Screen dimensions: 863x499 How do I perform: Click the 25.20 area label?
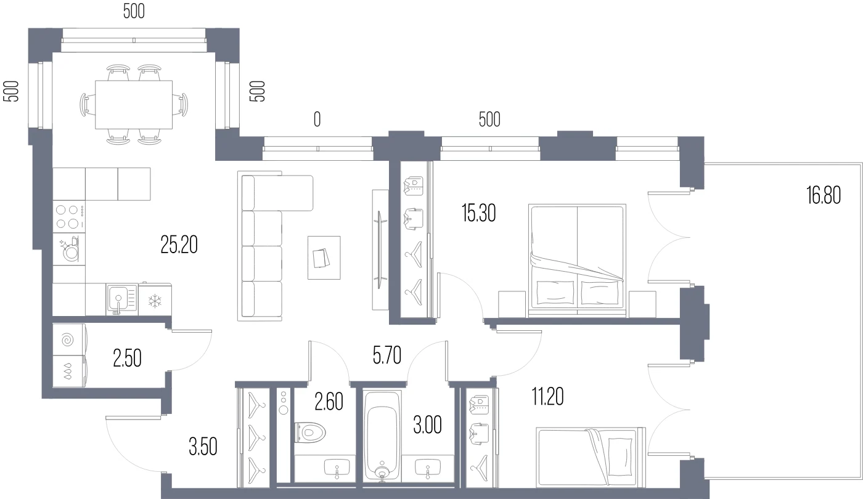pos(179,245)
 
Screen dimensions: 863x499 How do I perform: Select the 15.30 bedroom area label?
pos(478,213)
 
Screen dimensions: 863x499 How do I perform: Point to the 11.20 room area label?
pos(547,396)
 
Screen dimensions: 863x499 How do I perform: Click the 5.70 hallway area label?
pos(387,355)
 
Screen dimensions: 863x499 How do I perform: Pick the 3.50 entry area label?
pos(203,446)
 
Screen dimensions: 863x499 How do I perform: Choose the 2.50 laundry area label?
pos(127,358)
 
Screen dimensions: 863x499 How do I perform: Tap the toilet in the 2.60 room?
pos(310,432)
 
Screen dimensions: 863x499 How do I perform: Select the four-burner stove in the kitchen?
pos(68,217)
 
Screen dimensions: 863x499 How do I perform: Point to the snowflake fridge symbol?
pos(155,301)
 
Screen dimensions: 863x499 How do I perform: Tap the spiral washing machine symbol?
pos(68,340)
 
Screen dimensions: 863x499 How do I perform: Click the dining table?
pos(134,105)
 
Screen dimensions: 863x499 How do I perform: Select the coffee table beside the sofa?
pos(324,258)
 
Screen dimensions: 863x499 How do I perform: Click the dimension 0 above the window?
pos(317,120)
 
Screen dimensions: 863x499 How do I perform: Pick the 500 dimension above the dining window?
pos(134,11)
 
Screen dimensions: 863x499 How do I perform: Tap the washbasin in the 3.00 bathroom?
pos(428,469)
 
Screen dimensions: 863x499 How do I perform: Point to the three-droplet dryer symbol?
pos(68,370)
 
